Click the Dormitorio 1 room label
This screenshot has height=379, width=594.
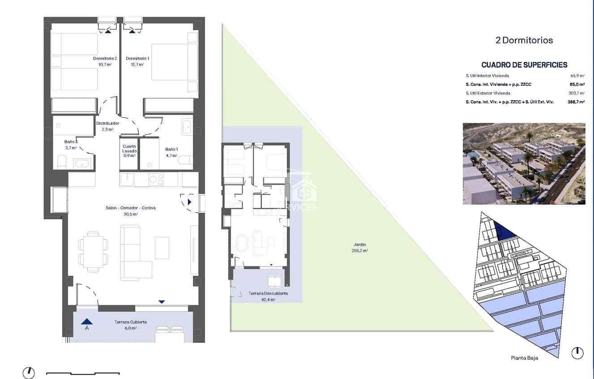pos(137,59)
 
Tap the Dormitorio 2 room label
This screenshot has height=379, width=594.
pos(105,59)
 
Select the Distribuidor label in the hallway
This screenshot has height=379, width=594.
pos(107,123)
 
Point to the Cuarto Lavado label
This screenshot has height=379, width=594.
pos(129,148)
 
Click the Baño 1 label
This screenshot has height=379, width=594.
pos(171,149)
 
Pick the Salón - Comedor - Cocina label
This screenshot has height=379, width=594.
pos(131,208)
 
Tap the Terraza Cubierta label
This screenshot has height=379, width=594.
pos(130,322)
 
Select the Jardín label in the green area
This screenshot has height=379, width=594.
pos(359,244)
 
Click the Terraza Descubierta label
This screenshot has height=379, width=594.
pos(268,294)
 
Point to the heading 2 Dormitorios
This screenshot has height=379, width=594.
pos(524,40)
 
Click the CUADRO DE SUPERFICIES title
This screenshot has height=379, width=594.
pos(524,65)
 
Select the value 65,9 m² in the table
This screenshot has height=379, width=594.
pos(577,76)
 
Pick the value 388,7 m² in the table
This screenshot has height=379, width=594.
pos(577,102)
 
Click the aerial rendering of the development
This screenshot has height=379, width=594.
pos(524,164)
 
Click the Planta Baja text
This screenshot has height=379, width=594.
pos(524,358)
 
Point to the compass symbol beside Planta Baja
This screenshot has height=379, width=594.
pos(577,353)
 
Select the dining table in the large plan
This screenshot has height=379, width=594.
pos(93,252)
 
